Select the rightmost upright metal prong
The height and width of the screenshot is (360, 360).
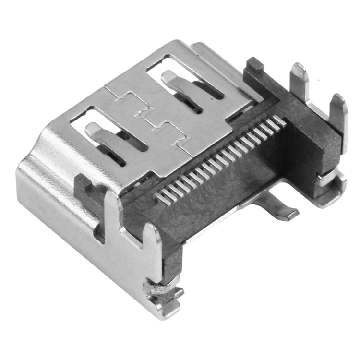339,113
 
